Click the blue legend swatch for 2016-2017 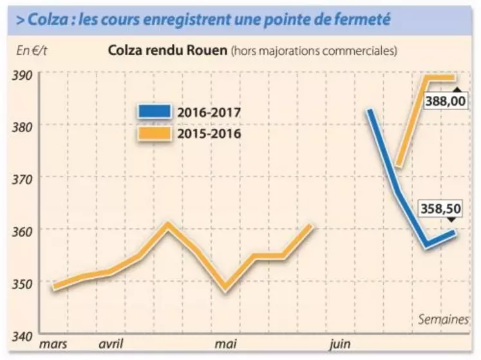click(154, 112)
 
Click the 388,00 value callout click(446, 101)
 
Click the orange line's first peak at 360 click(167, 225)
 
